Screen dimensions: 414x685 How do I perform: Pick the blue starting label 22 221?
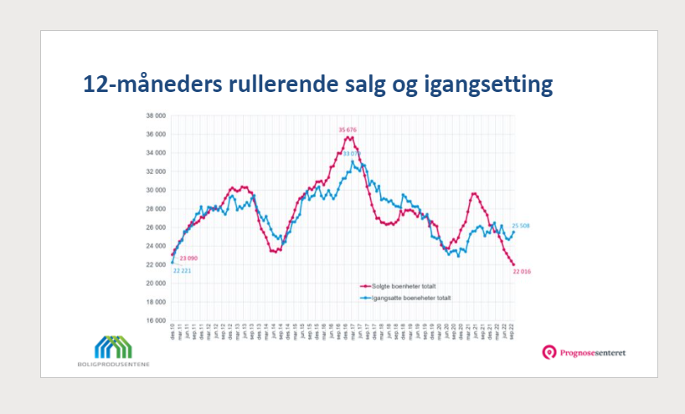tap(183, 272)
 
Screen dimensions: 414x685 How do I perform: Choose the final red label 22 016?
tap(523, 273)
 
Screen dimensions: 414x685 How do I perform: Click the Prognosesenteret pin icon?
tap(549, 353)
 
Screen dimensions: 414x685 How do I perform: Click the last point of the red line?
tap(513, 265)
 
